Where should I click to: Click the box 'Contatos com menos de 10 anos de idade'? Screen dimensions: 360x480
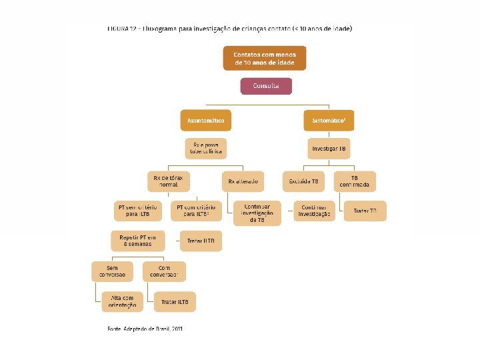click(265, 57)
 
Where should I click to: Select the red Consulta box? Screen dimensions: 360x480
click(266, 86)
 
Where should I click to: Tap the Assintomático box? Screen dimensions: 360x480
click(205, 121)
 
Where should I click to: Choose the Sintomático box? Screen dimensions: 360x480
click(329, 121)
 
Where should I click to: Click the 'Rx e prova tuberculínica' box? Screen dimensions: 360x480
click(205, 149)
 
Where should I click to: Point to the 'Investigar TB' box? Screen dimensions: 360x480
click(329, 148)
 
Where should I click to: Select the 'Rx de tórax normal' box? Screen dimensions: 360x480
click(169, 181)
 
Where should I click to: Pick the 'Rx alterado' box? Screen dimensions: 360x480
click(243, 181)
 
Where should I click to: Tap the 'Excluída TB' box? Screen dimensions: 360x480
click(304, 181)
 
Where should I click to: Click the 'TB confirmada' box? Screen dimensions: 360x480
click(356, 181)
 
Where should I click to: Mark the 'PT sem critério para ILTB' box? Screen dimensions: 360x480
click(139, 211)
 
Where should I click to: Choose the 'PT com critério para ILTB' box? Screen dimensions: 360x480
click(193, 211)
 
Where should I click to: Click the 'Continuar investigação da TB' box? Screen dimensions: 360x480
click(257, 214)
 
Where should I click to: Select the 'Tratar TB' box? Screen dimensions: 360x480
click(365, 211)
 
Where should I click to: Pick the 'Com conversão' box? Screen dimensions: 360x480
click(165, 271)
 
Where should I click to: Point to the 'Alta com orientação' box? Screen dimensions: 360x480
click(122, 302)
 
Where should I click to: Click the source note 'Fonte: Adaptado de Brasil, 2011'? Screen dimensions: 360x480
click(145, 329)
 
